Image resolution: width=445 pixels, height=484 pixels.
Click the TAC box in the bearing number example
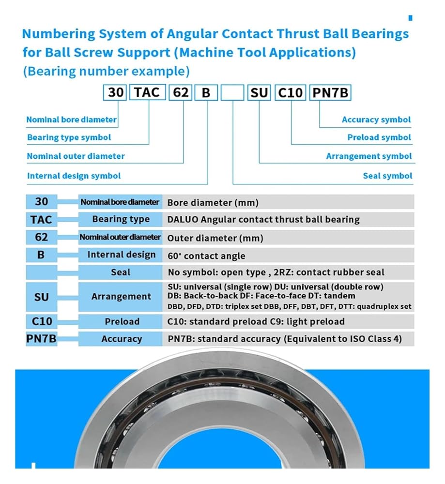pyautogui.click(x=147, y=92)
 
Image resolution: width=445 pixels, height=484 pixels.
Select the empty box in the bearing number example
pyautogui.click(x=232, y=92)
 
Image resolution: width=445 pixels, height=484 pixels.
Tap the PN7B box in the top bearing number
pyautogui.click(x=330, y=92)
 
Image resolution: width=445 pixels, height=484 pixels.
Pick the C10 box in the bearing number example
pyautogui.click(x=291, y=92)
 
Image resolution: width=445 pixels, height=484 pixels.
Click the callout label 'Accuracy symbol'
pyautogui.click(x=376, y=120)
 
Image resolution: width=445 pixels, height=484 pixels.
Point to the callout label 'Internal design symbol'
pyautogui.click(x=74, y=176)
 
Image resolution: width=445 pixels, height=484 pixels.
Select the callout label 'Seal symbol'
pyautogui.click(x=387, y=176)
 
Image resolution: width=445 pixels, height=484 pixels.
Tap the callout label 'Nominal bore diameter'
pyautogui.click(x=71, y=120)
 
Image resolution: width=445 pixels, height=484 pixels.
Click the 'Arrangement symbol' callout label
pyautogui.click(x=368, y=156)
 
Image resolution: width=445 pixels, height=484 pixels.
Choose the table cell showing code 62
pyautogui.click(x=41, y=237)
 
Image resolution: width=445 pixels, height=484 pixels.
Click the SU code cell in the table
pyautogui.click(x=41, y=296)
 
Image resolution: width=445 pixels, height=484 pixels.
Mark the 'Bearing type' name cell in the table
pyautogui.click(x=121, y=219)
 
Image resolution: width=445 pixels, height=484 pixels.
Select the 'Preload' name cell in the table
pyautogui.click(x=122, y=322)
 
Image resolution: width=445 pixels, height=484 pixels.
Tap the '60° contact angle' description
pyautogui.click(x=206, y=256)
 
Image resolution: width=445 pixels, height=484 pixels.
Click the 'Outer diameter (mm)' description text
pyautogui.click(x=215, y=238)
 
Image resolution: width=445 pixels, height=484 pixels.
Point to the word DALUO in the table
pyautogui.click(x=183, y=220)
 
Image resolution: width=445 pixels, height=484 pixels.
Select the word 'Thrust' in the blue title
pyautogui.click(x=281, y=34)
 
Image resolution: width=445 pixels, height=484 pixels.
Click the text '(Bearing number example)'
pyautogui.click(x=106, y=71)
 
